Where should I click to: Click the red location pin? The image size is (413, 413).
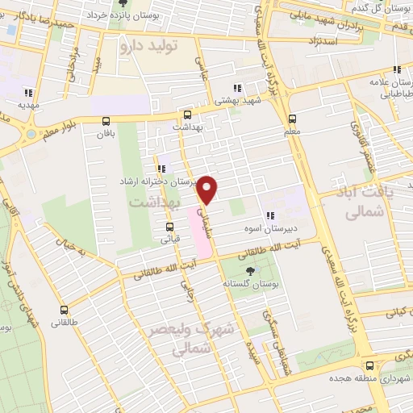pos(208,190)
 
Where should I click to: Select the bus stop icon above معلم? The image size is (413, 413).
pos(292,118)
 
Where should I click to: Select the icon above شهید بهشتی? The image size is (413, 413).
pos(236,89)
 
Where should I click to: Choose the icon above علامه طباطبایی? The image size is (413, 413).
pos(395,70)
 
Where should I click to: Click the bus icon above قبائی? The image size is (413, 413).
pos(167,227)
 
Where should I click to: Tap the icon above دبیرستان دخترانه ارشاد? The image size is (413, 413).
pos(162,169)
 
